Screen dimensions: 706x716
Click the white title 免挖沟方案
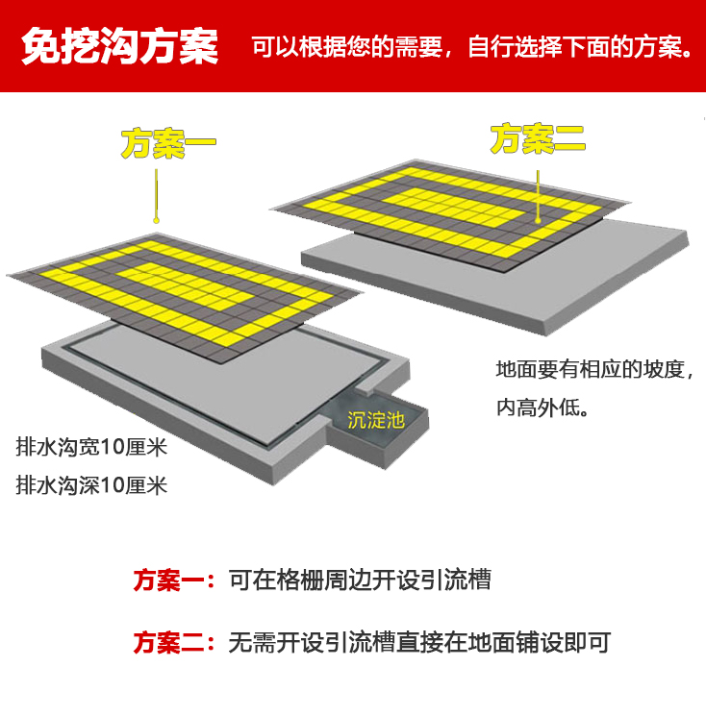(119, 46)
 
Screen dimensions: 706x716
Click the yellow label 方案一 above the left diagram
(168, 144)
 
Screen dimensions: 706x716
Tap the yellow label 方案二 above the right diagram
(538, 138)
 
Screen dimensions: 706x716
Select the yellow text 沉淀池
(376, 420)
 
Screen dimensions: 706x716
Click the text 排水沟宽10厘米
(91, 447)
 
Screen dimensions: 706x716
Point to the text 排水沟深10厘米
(91, 485)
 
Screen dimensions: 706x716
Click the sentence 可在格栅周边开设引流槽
(360, 580)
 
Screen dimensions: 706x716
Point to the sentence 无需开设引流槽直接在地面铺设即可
(419, 642)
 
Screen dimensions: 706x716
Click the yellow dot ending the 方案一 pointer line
(156, 220)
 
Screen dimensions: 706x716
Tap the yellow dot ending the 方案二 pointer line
(539, 220)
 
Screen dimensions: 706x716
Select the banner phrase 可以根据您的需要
(347, 47)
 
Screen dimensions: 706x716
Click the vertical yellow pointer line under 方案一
(156, 193)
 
